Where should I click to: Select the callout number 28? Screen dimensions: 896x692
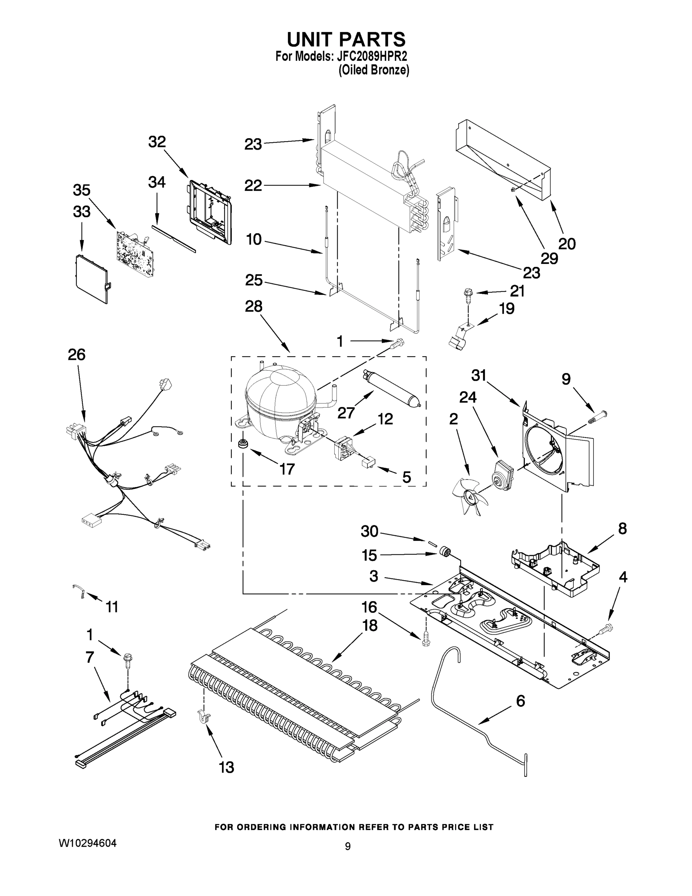[253, 307]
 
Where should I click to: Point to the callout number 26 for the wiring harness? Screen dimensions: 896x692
[77, 354]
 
